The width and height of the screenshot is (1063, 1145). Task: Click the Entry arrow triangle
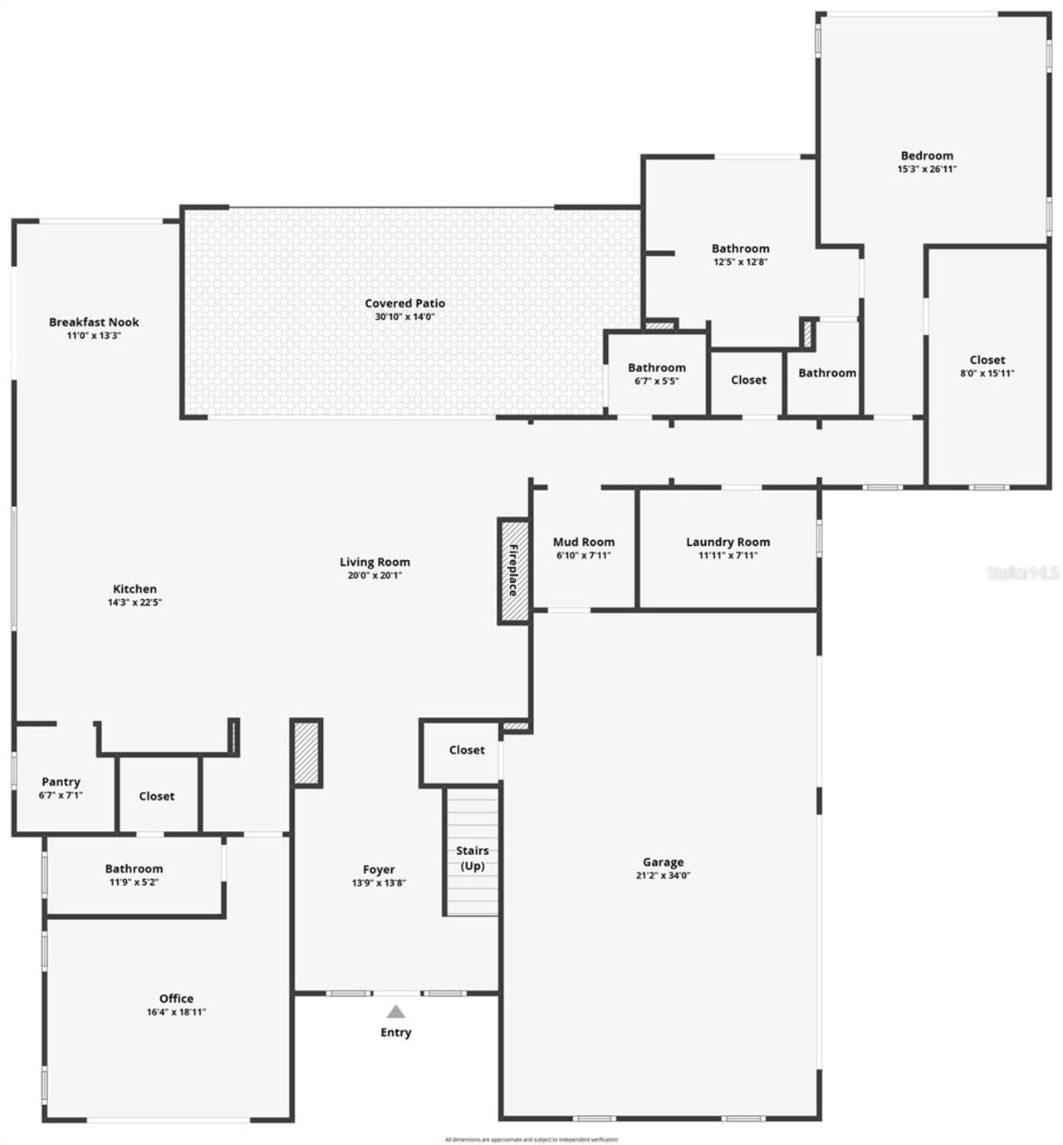396,1011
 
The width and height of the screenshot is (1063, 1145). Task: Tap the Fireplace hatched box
513,571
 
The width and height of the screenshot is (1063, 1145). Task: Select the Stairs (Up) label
472,858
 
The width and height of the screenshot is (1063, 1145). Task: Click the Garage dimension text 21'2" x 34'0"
663,875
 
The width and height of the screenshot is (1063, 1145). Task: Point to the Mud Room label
584,542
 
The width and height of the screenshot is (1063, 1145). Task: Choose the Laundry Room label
727,542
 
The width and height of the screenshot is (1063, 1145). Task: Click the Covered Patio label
404,303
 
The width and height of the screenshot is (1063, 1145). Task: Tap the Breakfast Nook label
94,322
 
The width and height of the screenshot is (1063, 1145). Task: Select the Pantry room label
61,782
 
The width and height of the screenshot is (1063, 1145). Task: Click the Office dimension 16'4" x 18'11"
176,1012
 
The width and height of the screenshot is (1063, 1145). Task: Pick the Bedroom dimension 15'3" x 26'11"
927,169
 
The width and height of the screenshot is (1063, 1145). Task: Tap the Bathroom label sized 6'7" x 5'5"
656,367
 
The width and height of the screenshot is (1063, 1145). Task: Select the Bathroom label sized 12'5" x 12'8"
740,248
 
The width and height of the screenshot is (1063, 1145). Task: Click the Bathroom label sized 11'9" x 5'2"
134,869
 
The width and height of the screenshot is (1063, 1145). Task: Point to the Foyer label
379,869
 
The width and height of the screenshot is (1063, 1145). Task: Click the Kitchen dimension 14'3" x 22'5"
135,602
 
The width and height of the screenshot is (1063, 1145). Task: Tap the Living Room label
375,562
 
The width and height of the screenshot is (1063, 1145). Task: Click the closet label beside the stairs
467,749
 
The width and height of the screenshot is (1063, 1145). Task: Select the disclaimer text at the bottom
531,1139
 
